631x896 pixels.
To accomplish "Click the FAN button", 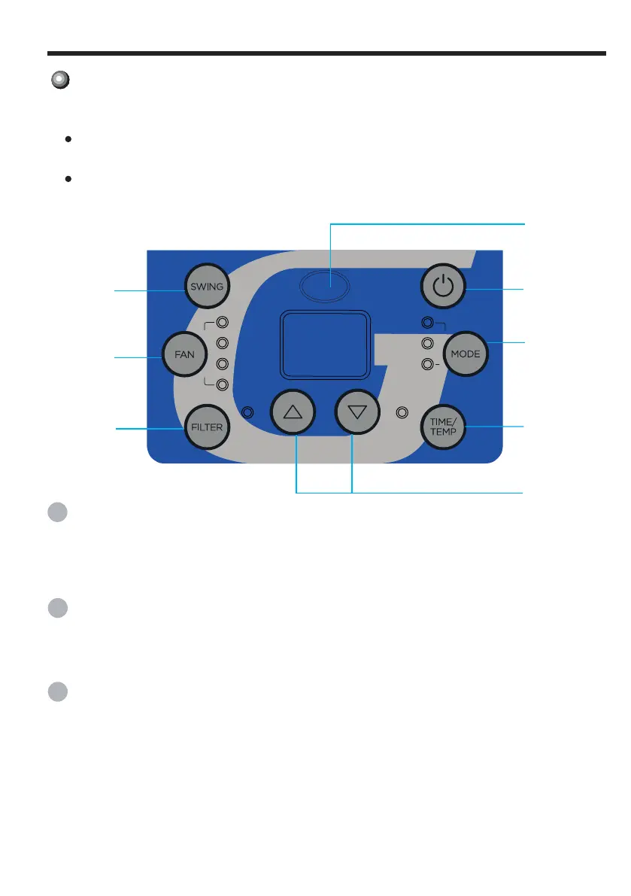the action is pos(184,354).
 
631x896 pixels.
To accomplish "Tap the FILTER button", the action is pos(207,427).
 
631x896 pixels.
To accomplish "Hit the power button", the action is pos(443,287).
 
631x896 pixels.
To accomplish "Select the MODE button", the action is pos(466,354).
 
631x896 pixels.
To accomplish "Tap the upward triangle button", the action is pos(293,412).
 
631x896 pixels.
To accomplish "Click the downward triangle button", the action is pos(357,412).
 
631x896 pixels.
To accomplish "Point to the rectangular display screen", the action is pos(325,345).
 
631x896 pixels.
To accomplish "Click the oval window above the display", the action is pos(324,286).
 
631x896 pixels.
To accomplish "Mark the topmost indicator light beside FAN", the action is pos(222,322).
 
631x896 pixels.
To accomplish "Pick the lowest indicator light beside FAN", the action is pos(222,384).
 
